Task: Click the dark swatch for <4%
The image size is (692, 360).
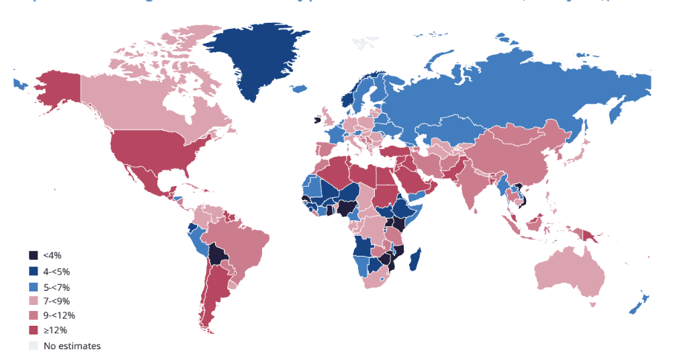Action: [x=33, y=255]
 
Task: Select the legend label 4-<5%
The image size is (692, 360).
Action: [x=56, y=271]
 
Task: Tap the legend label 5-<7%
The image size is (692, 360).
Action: [x=56, y=286]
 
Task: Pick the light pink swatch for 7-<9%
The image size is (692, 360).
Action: [x=33, y=301]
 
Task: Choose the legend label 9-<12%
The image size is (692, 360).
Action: [x=59, y=316]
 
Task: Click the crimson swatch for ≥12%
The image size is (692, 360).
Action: [x=33, y=330]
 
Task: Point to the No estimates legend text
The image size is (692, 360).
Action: [x=72, y=346]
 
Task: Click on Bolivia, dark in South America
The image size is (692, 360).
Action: [x=217, y=256]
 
